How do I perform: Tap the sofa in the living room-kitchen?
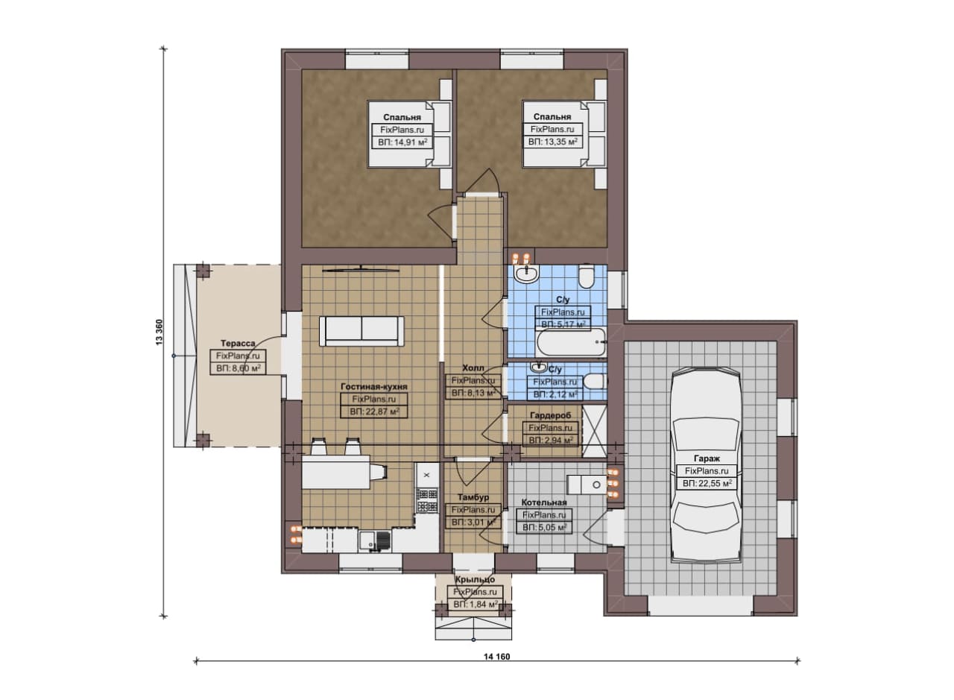[361, 331]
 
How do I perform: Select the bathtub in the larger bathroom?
[572, 341]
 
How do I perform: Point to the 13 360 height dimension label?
[159, 332]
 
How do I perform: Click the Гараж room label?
[707, 458]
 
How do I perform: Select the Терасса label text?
[238, 343]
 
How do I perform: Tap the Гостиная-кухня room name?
[374, 386]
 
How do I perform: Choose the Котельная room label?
[544, 502]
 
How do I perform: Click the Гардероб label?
[550, 415]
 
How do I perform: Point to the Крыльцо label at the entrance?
[475, 579]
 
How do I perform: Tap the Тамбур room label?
[473, 497]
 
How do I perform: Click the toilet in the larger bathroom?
[586, 276]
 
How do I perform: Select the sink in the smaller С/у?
[539, 367]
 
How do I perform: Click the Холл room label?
[473, 368]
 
